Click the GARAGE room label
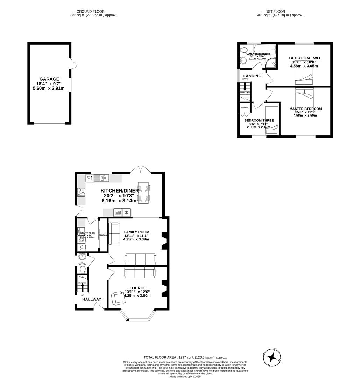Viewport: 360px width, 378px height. [x=49, y=79]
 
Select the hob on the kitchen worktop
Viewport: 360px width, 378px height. [x=81, y=192]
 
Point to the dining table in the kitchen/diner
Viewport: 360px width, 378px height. [x=144, y=192]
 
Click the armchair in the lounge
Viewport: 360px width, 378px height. [x=118, y=299]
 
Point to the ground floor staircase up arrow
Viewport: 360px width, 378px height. [x=82, y=287]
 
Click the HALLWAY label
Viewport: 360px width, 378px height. [x=92, y=299]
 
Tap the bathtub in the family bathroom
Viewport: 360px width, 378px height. [x=264, y=49]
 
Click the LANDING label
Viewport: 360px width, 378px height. [x=252, y=76]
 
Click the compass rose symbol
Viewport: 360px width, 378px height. [x=272, y=357]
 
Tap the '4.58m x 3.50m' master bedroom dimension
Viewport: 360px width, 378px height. [x=305, y=115]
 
